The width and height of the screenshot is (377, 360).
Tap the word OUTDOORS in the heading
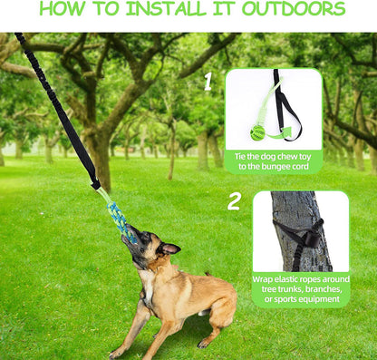coord(295,10)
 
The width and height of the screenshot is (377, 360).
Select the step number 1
coord(208,83)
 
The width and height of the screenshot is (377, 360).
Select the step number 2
coord(234,201)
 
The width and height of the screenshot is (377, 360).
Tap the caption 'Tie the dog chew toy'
coord(273,156)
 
